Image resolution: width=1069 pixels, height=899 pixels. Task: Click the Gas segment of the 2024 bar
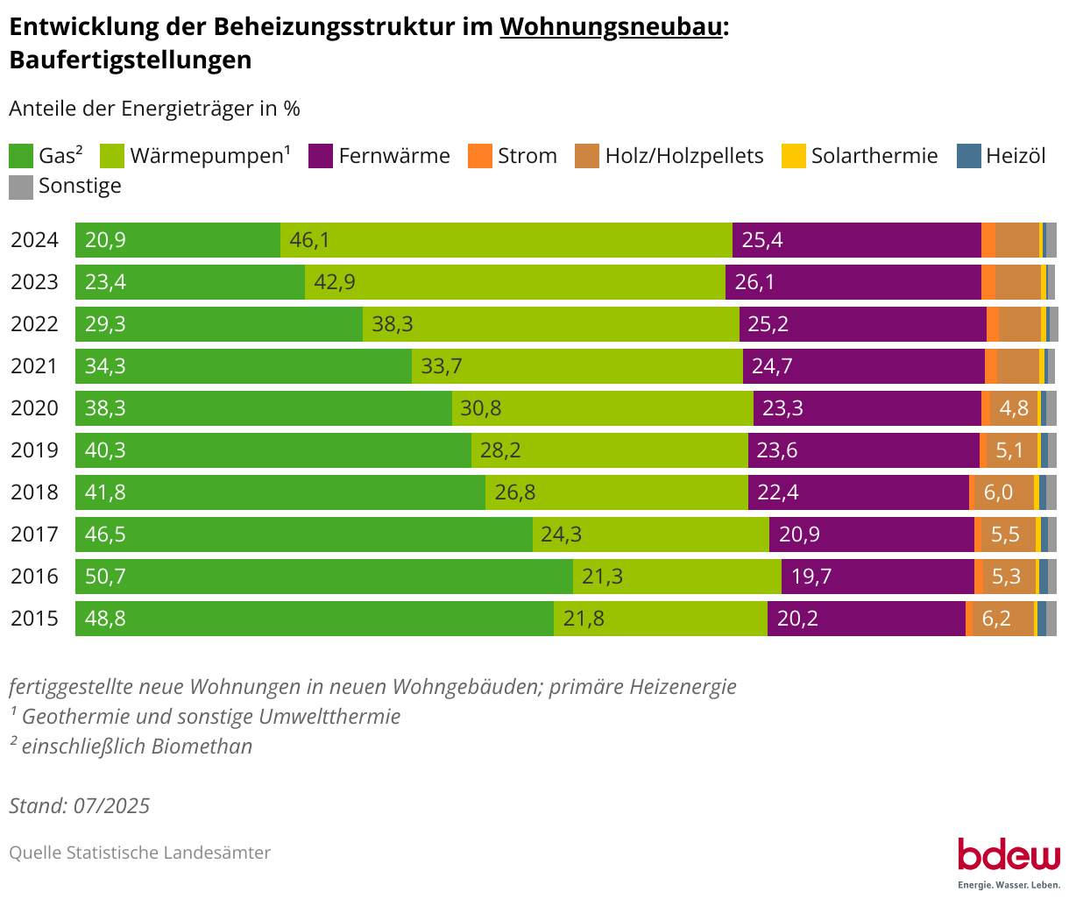[x=178, y=240]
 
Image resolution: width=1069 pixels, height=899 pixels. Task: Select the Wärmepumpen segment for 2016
[x=676, y=577]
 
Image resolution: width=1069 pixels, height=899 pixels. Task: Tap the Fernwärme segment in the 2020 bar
[x=867, y=408]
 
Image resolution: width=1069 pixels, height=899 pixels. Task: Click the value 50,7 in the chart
[x=105, y=577]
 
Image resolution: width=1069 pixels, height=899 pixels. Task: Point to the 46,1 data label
[x=309, y=240]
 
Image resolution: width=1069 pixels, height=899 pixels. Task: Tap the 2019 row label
[x=34, y=450]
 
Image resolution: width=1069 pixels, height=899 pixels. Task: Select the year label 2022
[x=34, y=324]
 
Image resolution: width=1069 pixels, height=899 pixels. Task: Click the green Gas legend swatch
[x=21, y=156]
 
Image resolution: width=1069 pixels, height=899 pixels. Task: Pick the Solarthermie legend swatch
[x=793, y=156]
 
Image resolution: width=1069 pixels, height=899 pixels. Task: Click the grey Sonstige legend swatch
[x=21, y=187]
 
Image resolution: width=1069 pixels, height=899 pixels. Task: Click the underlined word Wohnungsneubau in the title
[x=612, y=27]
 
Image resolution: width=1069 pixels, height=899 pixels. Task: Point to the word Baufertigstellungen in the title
[x=130, y=60]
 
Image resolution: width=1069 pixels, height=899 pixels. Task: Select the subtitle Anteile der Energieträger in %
[x=154, y=109]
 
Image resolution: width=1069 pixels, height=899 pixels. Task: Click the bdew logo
[x=1008, y=855]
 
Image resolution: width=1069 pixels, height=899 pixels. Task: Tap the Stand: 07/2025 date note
[x=80, y=806]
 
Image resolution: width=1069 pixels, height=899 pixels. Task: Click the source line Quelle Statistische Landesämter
[x=140, y=853]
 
